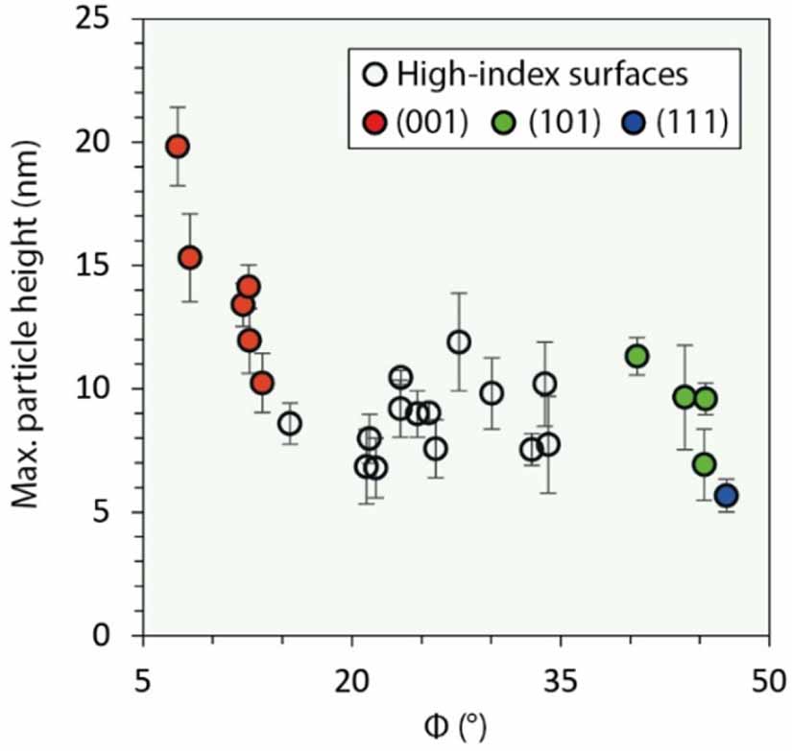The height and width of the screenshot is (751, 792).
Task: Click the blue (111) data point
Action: pos(726,495)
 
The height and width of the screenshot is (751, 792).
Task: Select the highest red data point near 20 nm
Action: pos(177,147)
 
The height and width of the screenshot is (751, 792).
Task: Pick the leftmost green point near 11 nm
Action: pos(636,356)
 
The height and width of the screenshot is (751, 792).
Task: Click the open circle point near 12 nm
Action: pos(459,341)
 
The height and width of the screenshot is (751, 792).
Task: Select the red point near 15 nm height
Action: pos(190,257)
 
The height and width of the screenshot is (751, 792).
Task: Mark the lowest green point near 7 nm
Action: pos(704,464)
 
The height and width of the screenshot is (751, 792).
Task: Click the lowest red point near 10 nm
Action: pos(262,383)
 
